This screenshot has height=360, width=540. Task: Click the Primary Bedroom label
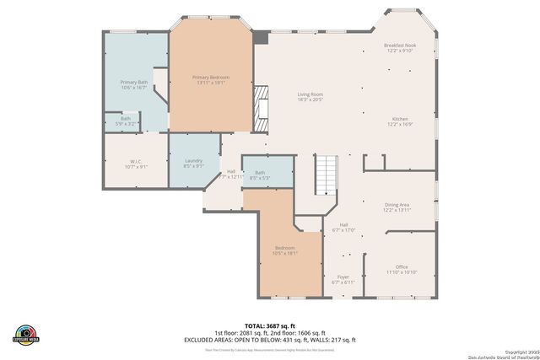point(211,79)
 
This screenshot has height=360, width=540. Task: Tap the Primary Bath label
point(134,84)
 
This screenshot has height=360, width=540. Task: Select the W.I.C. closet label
point(135,164)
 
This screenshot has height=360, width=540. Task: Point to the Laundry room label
point(193,163)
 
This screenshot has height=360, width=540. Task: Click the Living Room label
point(310,96)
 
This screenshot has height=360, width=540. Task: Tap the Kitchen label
point(399,121)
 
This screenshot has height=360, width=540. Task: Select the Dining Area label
point(397,207)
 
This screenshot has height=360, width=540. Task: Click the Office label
point(402,269)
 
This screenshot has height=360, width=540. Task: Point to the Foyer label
point(343,278)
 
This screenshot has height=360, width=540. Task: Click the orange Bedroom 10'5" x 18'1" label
point(284,250)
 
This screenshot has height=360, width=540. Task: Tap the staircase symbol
point(326,175)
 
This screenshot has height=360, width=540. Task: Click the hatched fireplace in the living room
point(263,108)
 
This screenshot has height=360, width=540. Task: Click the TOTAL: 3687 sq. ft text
point(270,325)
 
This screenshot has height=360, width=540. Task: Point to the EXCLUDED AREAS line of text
point(270,339)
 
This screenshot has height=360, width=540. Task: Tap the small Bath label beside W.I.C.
point(125,121)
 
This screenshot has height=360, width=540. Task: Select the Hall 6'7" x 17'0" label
point(343,226)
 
